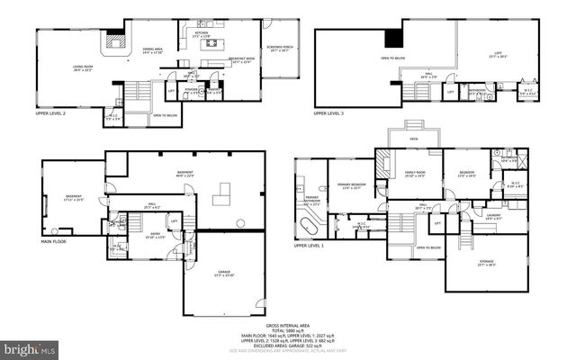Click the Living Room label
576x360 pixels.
(83, 68)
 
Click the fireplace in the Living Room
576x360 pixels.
(112, 41)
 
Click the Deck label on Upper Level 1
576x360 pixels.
(413, 139)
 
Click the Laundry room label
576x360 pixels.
(493, 216)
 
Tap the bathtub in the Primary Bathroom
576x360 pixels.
(310, 221)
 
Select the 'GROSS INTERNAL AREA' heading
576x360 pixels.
(287, 326)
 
